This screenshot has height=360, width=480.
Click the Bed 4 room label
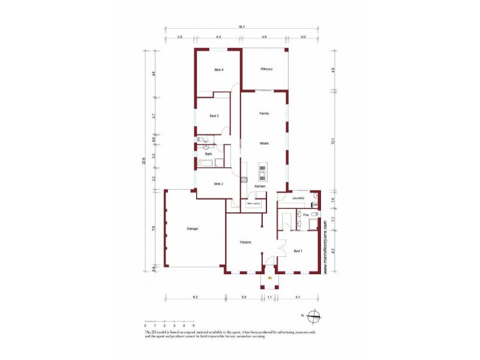click(x=219, y=70)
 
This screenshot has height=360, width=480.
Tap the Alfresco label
click(x=266, y=69)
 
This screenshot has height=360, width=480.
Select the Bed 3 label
click(x=213, y=116)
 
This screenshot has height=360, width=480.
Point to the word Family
click(x=263, y=113)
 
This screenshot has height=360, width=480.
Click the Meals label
click(x=263, y=143)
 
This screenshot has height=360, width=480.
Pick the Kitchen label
click(x=260, y=187)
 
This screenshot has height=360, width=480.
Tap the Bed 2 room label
click(x=219, y=183)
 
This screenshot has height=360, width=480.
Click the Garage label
click(x=192, y=229)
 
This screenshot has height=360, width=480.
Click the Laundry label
click(x=299, y=197)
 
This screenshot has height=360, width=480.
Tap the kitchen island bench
click(x=263, y=172)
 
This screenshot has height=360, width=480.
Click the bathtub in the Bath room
click(x=205, y=163)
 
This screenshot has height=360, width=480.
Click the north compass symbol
click(x=314, y=316)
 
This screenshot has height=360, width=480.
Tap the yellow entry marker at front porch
click(x=270, y=278)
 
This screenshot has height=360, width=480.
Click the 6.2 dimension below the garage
click(x=195, y=297)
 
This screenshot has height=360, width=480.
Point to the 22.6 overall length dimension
click(x=144, y=161)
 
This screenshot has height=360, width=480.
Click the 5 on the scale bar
click(x=193, y=325)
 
